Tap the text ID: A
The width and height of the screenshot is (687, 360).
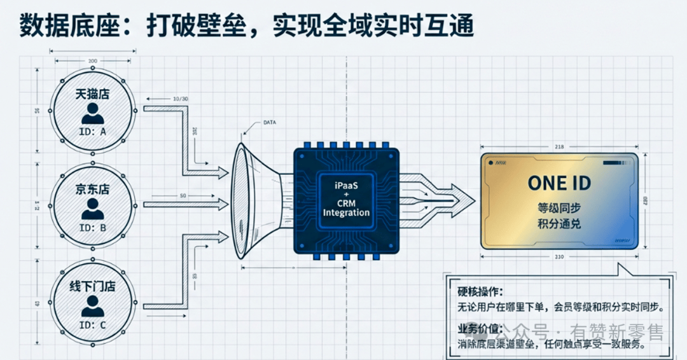(x=93, y=132)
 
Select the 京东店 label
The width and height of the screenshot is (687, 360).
(x=93, y=190)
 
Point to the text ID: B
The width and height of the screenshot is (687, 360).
(x=93, y=227)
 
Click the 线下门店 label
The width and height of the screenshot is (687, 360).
(x=93, y=286)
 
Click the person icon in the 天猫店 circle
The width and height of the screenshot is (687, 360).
(x=93, y=113)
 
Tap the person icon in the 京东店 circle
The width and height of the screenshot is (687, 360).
(x=93, y=209)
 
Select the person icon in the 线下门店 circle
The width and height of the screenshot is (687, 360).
(x=93, y=307)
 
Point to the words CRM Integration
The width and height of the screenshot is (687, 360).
(x=346, y=207)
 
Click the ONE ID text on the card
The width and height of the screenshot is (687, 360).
(x=559, y=183)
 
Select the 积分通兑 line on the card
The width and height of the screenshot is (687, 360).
(x=559, y=225)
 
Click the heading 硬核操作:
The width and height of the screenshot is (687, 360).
(x=480, y=292)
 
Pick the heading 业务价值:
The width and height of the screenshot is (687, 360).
(x=480, y=329)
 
